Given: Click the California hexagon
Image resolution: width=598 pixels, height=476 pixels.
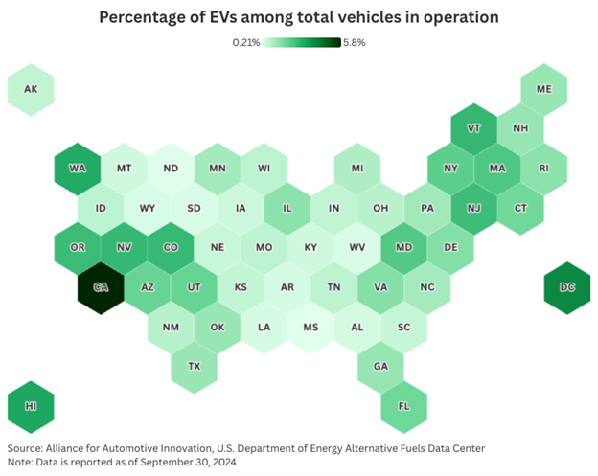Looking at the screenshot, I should pyautogui.click(x=101, y=286).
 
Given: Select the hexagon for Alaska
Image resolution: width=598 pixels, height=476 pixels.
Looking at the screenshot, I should pyautogui.click(x=31, y=89).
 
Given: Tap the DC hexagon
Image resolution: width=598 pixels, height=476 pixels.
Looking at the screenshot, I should pyautogui.click(x=568, y=286).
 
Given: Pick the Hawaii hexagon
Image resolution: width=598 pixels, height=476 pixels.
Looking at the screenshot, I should pyautogui.click(x=31, y=405).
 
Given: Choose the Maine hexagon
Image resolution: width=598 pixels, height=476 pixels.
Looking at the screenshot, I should pyautogui.click(x=544, y=89).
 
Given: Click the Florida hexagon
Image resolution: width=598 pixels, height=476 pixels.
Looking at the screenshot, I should pyautogui.click(x=404, y=405).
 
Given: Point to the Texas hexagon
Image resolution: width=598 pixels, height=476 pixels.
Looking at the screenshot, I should pyautogui.click(x=195, y=366).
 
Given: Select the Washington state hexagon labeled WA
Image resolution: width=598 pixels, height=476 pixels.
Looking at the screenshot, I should pyautogui.click(x=78, y=169).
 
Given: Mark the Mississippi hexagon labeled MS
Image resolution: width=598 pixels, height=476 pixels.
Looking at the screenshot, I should pyautogui.click(x=311, y=326).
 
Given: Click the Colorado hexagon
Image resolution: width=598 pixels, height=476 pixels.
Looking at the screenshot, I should pyautogui.click(x=171, y=247).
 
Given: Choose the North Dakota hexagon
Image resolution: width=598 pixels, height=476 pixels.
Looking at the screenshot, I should pyautogui.click(x=171, y=169).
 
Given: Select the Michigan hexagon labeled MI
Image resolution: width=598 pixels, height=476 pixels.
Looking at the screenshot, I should pyautogui.click(x=357, y=169).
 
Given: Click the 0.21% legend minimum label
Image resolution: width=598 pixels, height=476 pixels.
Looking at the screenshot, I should pyautogui.click(x=246, y=42).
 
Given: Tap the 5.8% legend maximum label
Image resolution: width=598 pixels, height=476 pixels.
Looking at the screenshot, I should pyautogui.click(x=354, y=42).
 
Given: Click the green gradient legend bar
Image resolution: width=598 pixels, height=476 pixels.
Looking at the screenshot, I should pyautogui.click(x=302, y=42).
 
